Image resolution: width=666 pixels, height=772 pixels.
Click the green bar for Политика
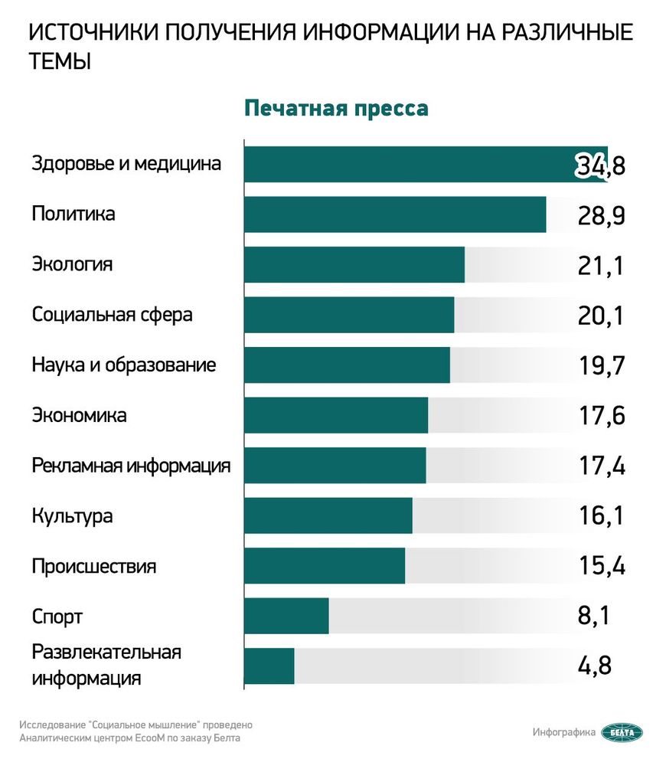click(x=395, y=214)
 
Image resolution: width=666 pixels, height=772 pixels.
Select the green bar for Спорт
click(x=286, y=616)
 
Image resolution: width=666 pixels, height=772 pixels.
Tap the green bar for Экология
click(x=354, y=264)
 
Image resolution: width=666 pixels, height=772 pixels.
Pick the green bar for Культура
click(x=328, y=515)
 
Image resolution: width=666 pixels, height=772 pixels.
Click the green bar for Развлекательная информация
click(x=269, y=666)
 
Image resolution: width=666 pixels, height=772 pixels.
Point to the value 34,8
click(x=600, y=165)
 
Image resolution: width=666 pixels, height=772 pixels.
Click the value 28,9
click(x=602, y=216)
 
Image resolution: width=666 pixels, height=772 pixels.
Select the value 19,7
click(x=602, y=366)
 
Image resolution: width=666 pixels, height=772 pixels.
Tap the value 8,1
click(x=593, y=616)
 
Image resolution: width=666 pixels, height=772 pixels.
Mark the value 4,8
click(x=595, y=666)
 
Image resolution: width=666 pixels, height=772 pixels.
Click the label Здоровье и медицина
click(x=126, y=163)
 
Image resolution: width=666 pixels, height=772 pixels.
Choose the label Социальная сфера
click(x=113, y=315)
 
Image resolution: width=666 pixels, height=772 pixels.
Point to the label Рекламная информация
click(x=132, y=466)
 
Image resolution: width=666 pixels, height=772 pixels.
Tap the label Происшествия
click(x=94, y=566)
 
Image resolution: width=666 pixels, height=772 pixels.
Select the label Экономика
click(x=80, y=415)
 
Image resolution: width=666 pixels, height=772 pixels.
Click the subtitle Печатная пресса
click(x=336, y=109)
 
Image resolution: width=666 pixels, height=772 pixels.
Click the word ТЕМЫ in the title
click(x=60, y=62)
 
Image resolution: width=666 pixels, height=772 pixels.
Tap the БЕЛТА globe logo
click(x=622, y=733)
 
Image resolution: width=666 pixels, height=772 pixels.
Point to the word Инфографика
click(x=564, y=733)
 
